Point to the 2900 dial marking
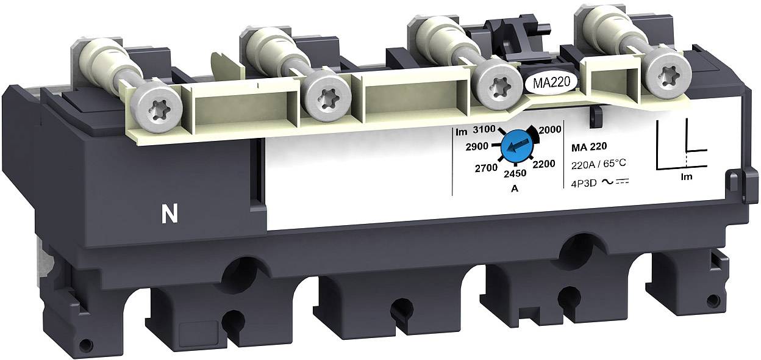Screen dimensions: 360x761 (x=475, y=147)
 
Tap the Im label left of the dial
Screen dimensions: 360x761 (x=461, y=132)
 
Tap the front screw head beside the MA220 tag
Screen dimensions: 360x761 (x=496, y=84)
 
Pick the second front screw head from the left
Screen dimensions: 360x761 (x=327, y=96)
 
